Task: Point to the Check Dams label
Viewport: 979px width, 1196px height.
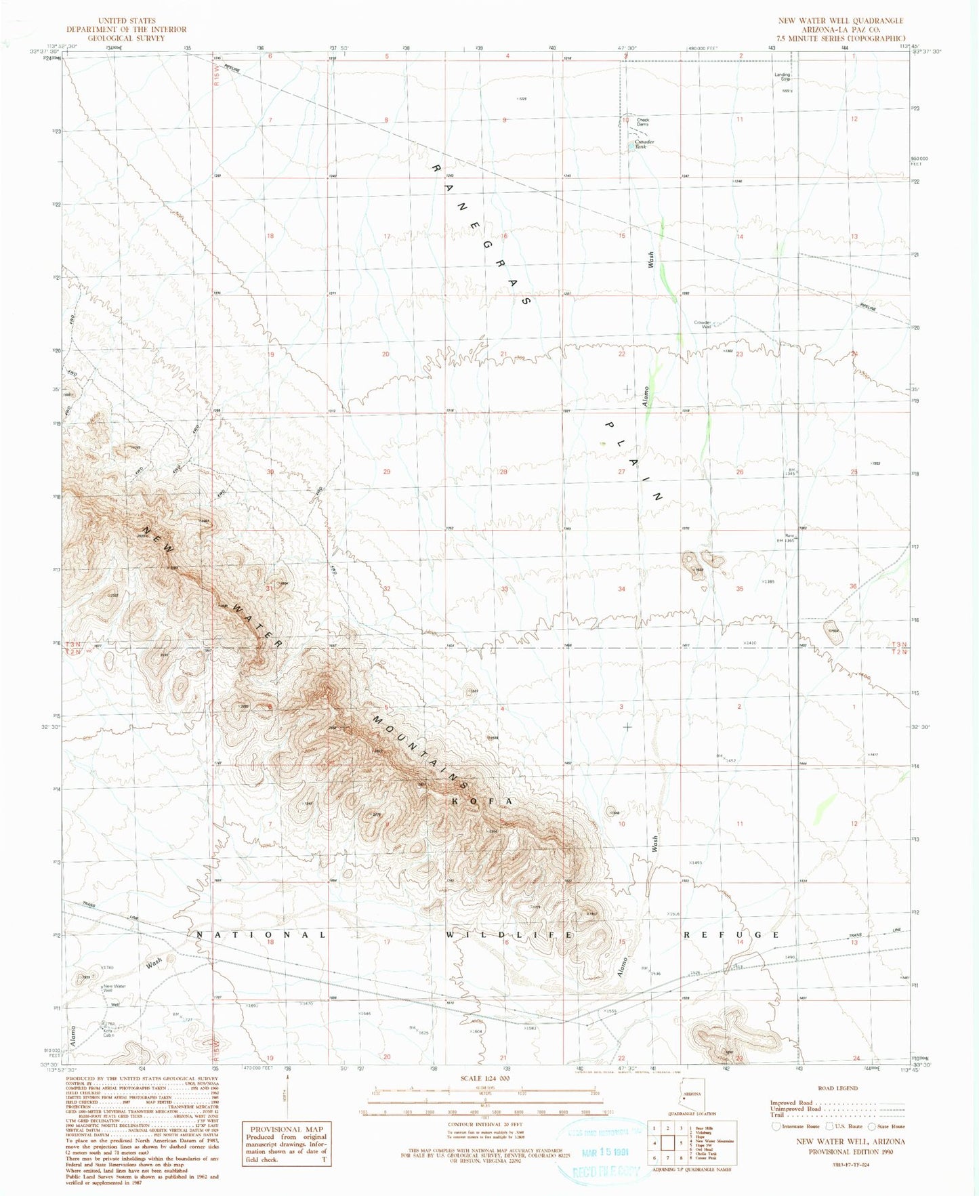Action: click(x=642, y=122)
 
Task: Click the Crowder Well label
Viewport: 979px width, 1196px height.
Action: click(x=701, y=325)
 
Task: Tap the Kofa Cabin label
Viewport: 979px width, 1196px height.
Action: click(x=108, y=1033)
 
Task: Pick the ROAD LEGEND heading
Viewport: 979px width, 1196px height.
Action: click(x=837, y=1088)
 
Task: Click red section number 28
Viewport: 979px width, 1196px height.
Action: click(x=503, y=472)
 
